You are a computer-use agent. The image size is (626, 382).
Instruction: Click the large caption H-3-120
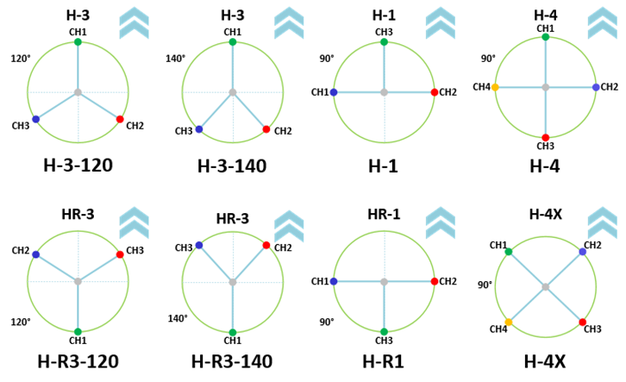click(78, 165)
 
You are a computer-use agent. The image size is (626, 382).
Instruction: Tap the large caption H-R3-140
click(232, 361)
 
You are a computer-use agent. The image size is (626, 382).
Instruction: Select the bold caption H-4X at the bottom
click(545, 361)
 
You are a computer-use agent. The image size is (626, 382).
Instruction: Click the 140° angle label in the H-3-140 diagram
click(176, 59)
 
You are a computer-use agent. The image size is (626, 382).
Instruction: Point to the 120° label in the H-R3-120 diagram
click(21, 322)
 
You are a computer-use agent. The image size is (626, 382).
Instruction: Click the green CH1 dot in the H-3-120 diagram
click(78, 42)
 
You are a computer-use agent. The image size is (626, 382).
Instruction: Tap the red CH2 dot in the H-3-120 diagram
click(120, 119)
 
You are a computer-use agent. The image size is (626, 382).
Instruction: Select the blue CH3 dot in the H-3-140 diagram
click(199, 129)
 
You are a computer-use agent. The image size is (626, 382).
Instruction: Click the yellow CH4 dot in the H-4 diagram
click(495, 87)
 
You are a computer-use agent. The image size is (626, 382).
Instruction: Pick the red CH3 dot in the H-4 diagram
click(546, 138)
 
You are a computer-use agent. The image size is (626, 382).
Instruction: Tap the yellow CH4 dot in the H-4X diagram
click(509, 323)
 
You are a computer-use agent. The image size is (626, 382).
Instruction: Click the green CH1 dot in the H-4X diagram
click(509, 252)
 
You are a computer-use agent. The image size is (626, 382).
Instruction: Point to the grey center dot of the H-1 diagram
click(384, 92)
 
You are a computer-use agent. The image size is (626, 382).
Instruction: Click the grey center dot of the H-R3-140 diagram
click(233, 282)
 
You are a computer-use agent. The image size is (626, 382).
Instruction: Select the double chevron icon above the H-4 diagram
click(603, 22)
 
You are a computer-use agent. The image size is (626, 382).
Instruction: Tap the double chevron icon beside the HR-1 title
click(441, 222)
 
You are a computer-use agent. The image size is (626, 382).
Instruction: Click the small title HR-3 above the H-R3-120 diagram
click(78, 214)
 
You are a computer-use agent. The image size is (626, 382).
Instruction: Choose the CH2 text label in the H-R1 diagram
click(448, 281)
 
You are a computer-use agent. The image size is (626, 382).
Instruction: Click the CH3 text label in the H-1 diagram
click(384, 32)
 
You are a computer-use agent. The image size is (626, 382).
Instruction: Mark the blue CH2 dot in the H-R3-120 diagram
click(36, 254)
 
